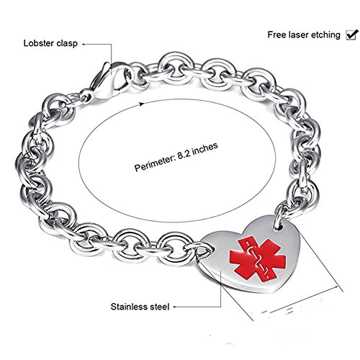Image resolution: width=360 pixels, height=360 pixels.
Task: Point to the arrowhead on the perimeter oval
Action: coord(142,103)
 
